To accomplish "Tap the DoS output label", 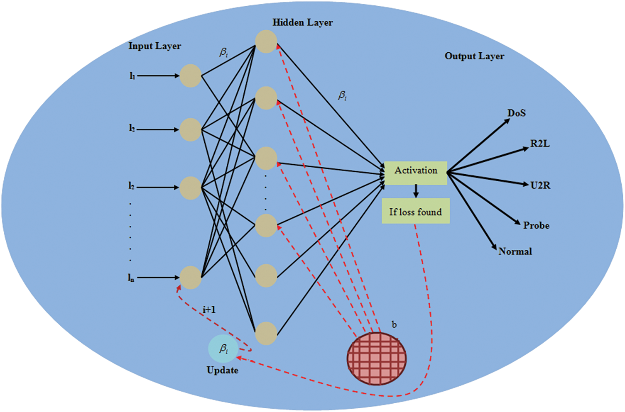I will [x=516, y=113].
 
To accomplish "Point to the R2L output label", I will [x=539, y=144].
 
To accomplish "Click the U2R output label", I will [x=540, y=185].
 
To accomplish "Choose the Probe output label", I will [x=536, y=226].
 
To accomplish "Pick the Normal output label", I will [x=515, y=251].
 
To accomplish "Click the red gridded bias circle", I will [x=377, y=359].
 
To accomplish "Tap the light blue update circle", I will [x=223, y=349].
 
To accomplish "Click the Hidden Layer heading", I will [x=302, y=23].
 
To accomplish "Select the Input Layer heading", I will [x=154, y=46].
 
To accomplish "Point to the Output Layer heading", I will [x=474, y=56].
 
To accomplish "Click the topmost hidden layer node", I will [x=266, y=41].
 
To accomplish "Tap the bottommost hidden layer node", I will [x=266, y=333].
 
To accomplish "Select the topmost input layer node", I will [x=190, y=76].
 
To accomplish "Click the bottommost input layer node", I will [x=191, y=278].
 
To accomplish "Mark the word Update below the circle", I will [x=223, y=371].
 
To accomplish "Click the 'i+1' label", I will [x=209, y=310].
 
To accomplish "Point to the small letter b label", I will [x=394, y=324].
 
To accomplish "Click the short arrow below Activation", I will [x=416, y=191].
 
